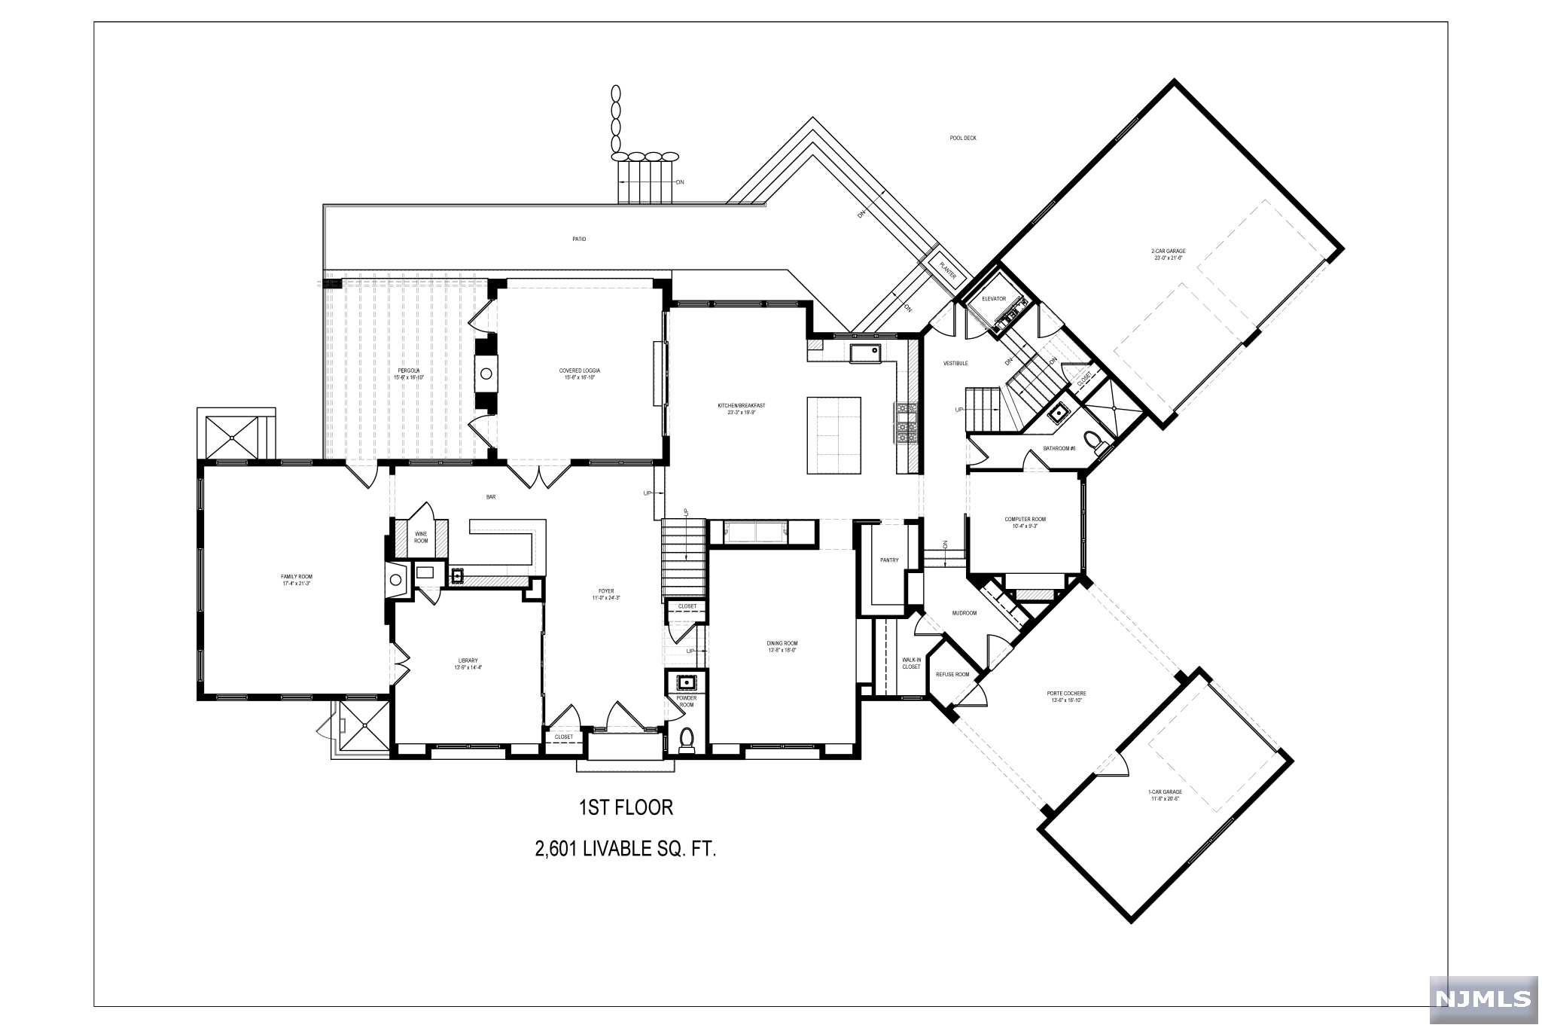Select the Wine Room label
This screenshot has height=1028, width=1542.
click(420, 537)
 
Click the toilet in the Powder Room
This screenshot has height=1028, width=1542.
click(686, 740)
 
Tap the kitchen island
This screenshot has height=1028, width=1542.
click(834, 435)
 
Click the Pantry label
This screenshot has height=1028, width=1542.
click(889, 560)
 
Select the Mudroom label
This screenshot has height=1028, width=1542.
click(964, 613)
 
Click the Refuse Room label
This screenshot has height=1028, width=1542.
click(952, 674)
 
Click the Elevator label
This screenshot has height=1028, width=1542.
click(993, 299)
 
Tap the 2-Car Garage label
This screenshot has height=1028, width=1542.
click(1168, 254)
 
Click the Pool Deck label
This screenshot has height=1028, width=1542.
click(962, 139)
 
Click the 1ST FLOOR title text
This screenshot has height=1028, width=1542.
click(625, 808)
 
